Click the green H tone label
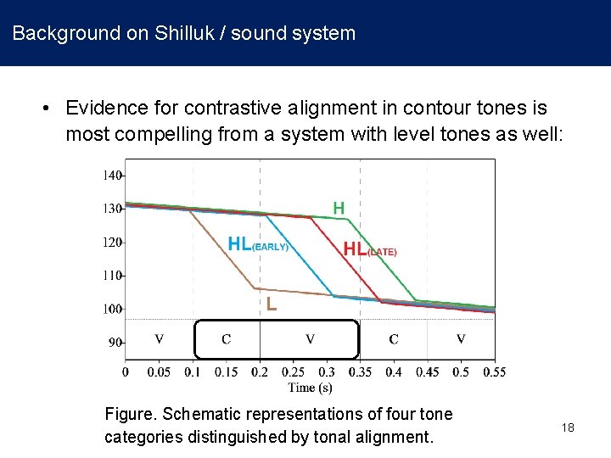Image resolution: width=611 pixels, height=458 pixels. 339,208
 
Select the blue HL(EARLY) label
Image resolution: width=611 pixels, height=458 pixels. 258,244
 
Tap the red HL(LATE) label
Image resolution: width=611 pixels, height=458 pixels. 369,249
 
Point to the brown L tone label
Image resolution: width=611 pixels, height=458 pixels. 272,303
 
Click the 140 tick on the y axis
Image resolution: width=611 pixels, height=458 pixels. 111,176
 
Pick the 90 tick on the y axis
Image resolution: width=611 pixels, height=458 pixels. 115,343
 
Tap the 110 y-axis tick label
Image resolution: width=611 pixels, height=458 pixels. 111,276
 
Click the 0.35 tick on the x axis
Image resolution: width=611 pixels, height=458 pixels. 360,371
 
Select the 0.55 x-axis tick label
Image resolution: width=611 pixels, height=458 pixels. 494,371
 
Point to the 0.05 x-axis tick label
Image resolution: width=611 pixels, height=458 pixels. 159,371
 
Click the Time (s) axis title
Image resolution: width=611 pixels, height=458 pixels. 310,388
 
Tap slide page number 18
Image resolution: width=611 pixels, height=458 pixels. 568,427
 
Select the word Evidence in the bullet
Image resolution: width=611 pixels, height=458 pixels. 102,109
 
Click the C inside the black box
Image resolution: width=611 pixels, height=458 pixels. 226,339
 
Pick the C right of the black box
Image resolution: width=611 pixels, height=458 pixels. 394,339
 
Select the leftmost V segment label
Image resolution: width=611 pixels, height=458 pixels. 159,339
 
